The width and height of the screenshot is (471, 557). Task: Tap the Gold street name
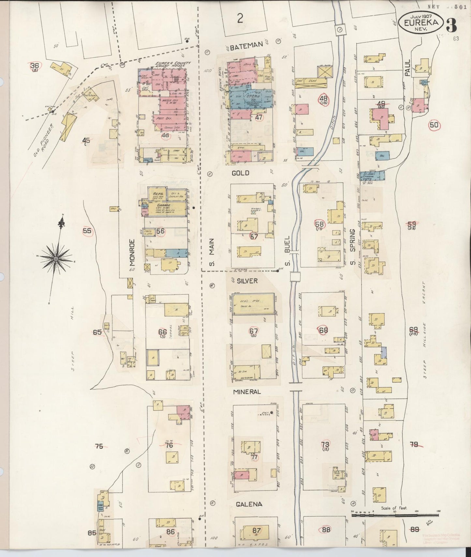[x=240, y=173]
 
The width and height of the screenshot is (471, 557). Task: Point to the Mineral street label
[x=247, y=392]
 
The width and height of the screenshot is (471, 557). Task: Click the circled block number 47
[x=259, y=118]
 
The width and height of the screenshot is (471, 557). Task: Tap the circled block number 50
[x=434, y=125]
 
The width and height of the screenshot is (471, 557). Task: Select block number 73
[x=325, y=444]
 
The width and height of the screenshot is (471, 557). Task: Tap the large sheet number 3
[x=451, y=25]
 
